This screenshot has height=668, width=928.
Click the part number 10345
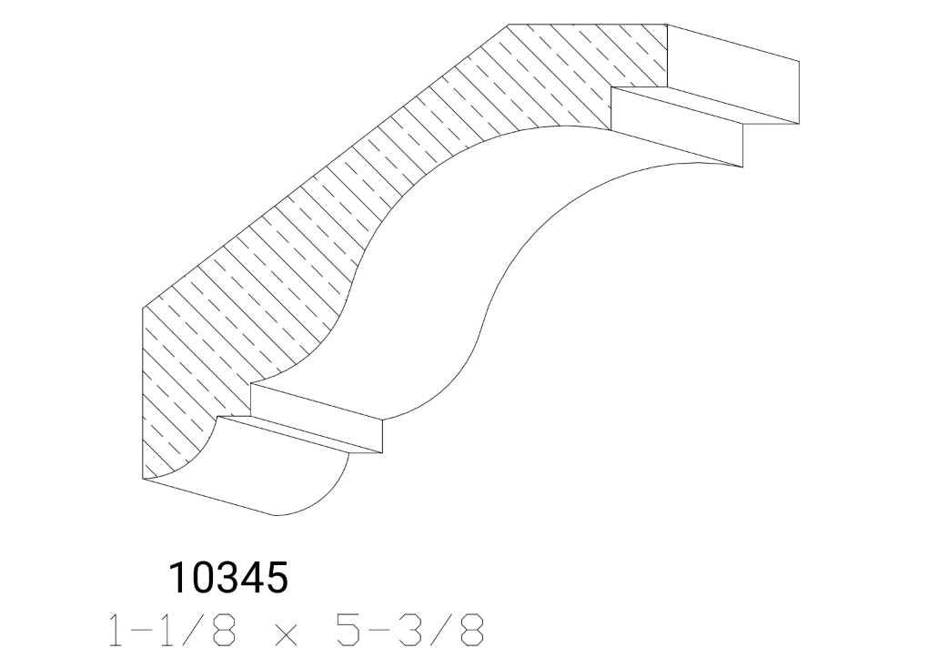(x=228, y=578)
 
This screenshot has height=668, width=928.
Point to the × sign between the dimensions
(x=284, y=633)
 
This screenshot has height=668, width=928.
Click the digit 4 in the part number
(x=252, y=578)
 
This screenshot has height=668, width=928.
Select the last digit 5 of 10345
(x=276, y=578)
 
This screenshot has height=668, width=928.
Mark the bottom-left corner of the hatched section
(x=144, y=479)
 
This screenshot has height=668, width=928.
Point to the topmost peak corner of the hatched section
(x=509, y=25)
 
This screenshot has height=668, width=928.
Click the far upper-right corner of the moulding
(x=799, y=61)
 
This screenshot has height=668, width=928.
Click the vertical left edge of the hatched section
(x=144, y=391)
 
